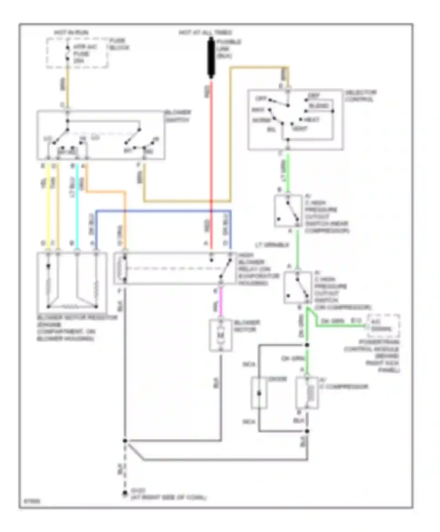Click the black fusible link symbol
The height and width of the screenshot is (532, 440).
tap(211, 58)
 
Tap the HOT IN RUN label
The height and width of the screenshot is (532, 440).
tap(71, 33)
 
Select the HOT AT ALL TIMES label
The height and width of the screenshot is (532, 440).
tap(205, 33)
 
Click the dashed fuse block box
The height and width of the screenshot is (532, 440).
tap(77, 53)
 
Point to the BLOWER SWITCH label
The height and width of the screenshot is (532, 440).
tap(178, 116)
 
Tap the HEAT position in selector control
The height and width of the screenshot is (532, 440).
tap(312, 120)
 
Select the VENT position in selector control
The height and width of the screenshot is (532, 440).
tap(300, 129)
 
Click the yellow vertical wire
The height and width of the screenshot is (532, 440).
tap(48, 205)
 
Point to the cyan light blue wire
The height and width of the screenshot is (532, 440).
tap(77, 205)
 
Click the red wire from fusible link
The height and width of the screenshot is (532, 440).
tap(211, 147)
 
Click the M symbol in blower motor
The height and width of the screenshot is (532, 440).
tap(221, 335)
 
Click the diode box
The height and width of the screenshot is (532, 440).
tap(259, 393)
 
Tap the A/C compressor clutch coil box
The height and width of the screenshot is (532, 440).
tap(307, 393)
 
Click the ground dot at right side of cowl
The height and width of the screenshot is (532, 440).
tap(125, 494)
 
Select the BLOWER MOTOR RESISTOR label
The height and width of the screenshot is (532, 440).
tap(77, 318)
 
